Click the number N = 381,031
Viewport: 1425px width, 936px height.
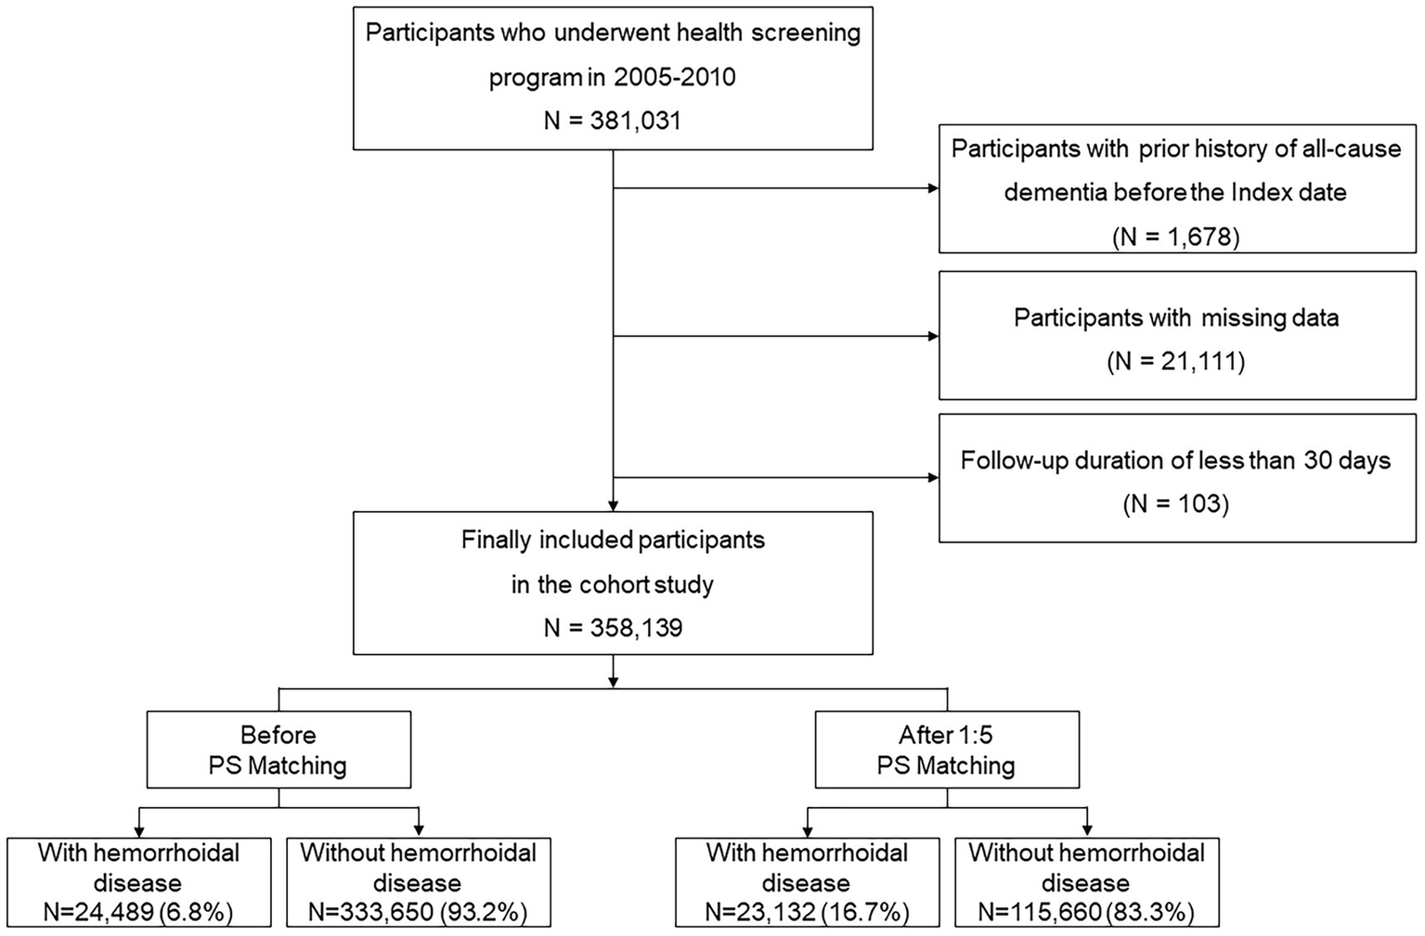pos(613,121)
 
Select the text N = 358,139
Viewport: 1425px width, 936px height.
pos(613,628)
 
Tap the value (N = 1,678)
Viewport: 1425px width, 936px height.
pos(1176,237)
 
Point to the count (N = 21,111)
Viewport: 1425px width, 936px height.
pos(1176,361)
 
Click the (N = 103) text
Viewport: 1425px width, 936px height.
pos(1176,504)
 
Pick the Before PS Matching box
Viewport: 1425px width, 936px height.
pos(279,750)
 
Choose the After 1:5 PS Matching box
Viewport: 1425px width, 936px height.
pos(946,750)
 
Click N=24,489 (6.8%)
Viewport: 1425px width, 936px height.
pos(138,912)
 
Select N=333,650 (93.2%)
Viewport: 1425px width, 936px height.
pos(418,912)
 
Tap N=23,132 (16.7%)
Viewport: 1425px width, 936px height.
pos(807,912)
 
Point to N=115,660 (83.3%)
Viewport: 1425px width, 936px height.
pos(1086,912)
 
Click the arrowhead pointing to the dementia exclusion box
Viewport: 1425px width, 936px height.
pos(933,188)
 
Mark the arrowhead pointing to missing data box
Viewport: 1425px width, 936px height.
pos(933,336)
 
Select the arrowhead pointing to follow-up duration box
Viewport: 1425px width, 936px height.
pos(933,478)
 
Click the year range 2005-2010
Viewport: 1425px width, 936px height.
pos(674,77)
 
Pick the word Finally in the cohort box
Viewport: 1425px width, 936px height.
pos(497,540)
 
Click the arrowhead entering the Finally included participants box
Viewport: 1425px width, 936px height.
pos(613,506)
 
